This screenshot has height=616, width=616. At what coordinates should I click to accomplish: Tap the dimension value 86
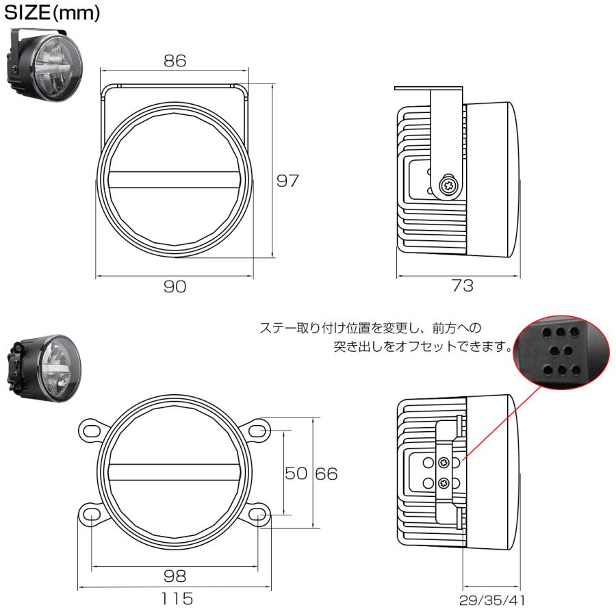tap(175, 60)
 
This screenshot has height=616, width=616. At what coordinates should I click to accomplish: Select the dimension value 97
tap(289, 181)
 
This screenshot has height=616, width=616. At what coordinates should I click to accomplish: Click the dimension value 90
tap(175, 287)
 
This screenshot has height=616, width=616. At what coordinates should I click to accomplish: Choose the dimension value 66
tap(326, 474)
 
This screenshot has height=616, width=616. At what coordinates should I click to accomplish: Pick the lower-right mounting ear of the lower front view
tap(258, 515)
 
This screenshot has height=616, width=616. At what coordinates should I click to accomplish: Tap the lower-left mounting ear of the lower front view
tap(92, 515)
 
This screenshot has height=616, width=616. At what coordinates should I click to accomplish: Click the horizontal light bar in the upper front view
tap(175, 179)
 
